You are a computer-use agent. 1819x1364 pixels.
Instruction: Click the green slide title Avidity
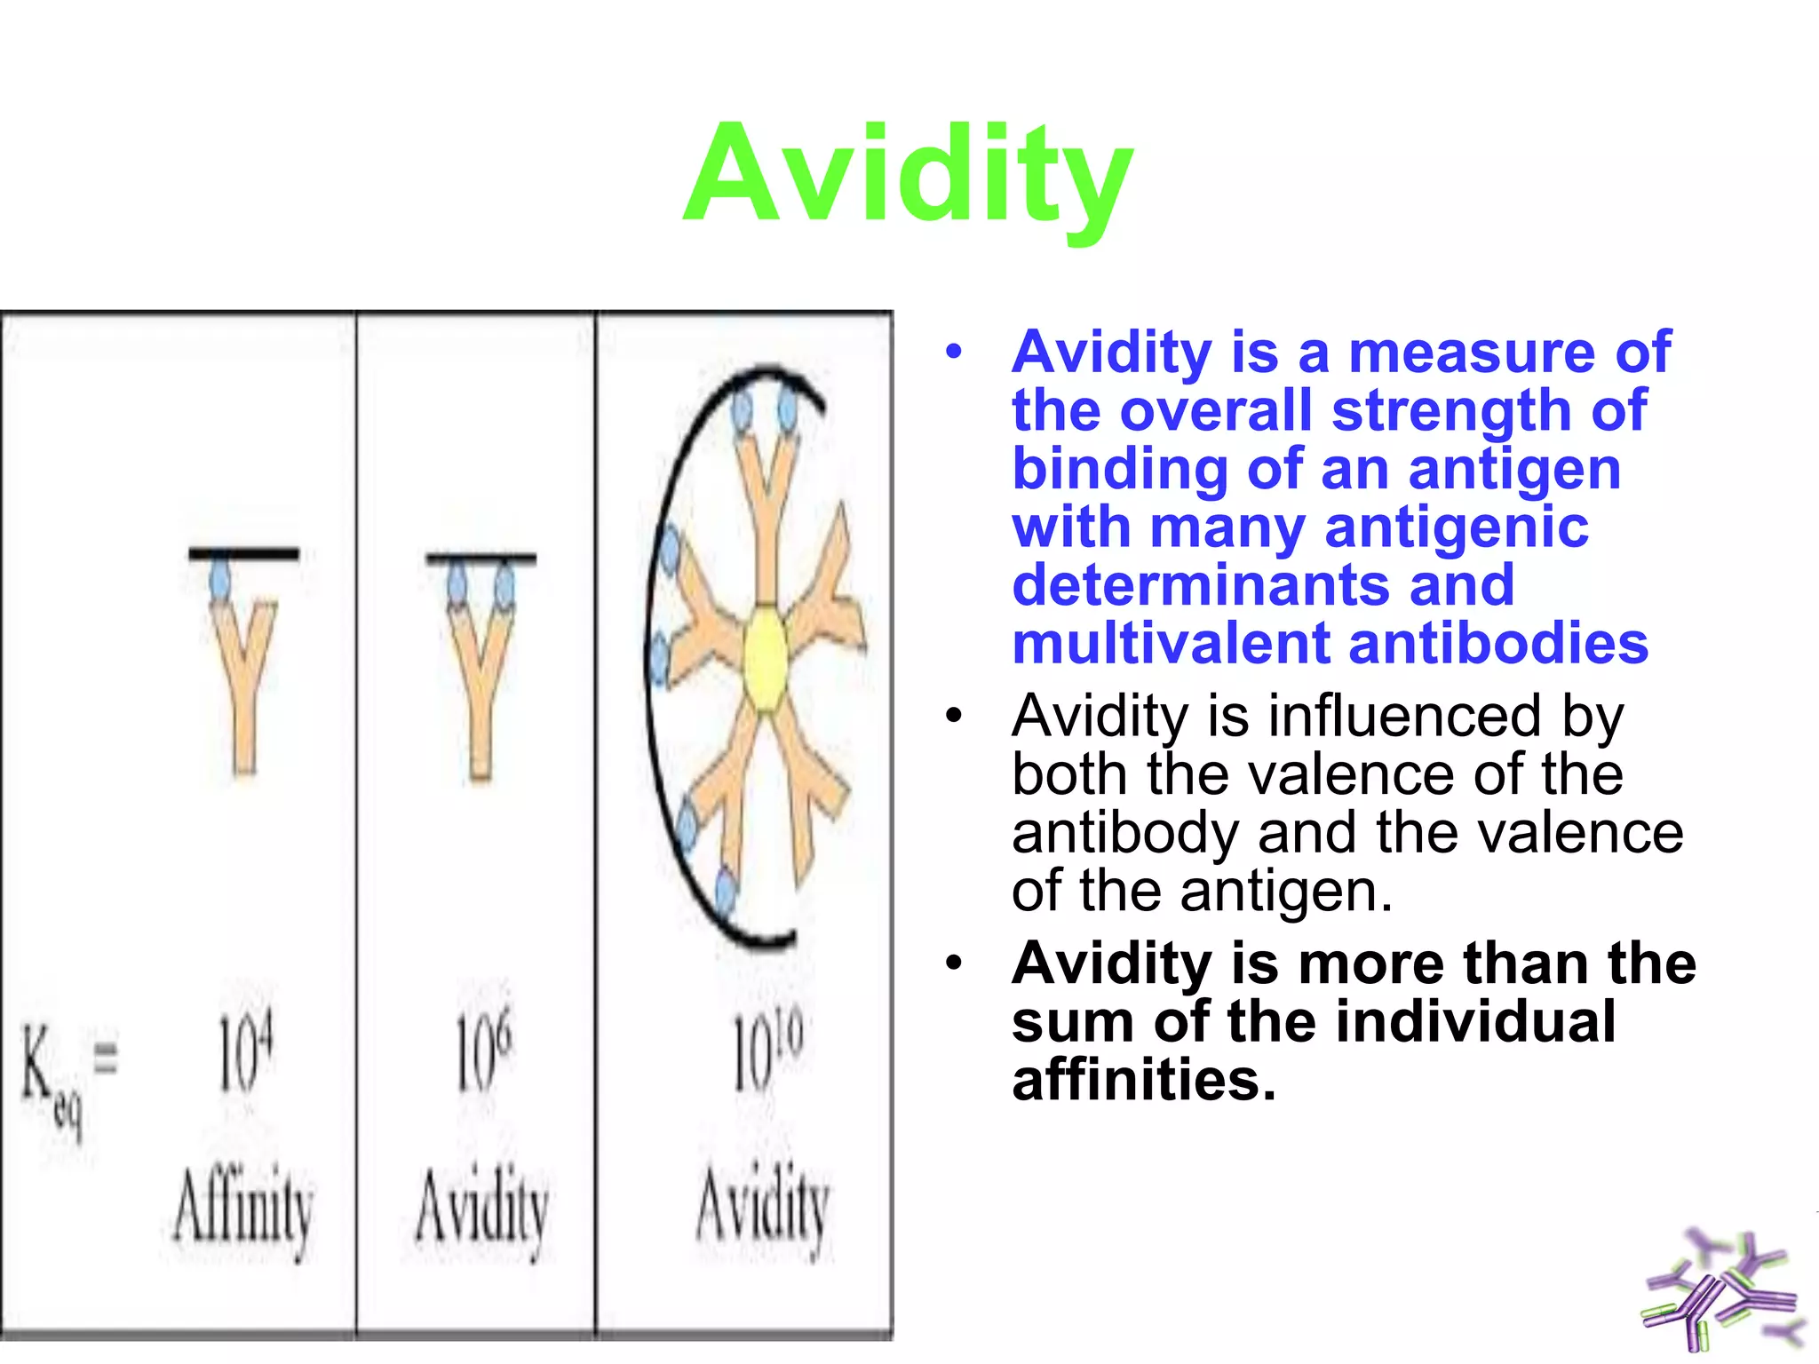coord(908,175)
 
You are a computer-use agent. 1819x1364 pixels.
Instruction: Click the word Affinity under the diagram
coord(242,1209)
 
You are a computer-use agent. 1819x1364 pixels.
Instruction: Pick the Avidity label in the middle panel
coord(481,1209)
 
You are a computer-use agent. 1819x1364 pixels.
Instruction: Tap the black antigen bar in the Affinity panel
coord(243,554)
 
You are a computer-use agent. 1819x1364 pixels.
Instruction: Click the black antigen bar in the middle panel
coord(481,559)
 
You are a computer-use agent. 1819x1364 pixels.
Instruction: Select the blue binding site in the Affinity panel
coord(219,582)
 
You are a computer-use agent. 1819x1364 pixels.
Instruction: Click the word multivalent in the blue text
coord(1172,644)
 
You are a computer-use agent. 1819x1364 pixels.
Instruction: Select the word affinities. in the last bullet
coord(1143,1081)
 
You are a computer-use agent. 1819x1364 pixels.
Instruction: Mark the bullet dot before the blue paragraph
coord(954,352)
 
